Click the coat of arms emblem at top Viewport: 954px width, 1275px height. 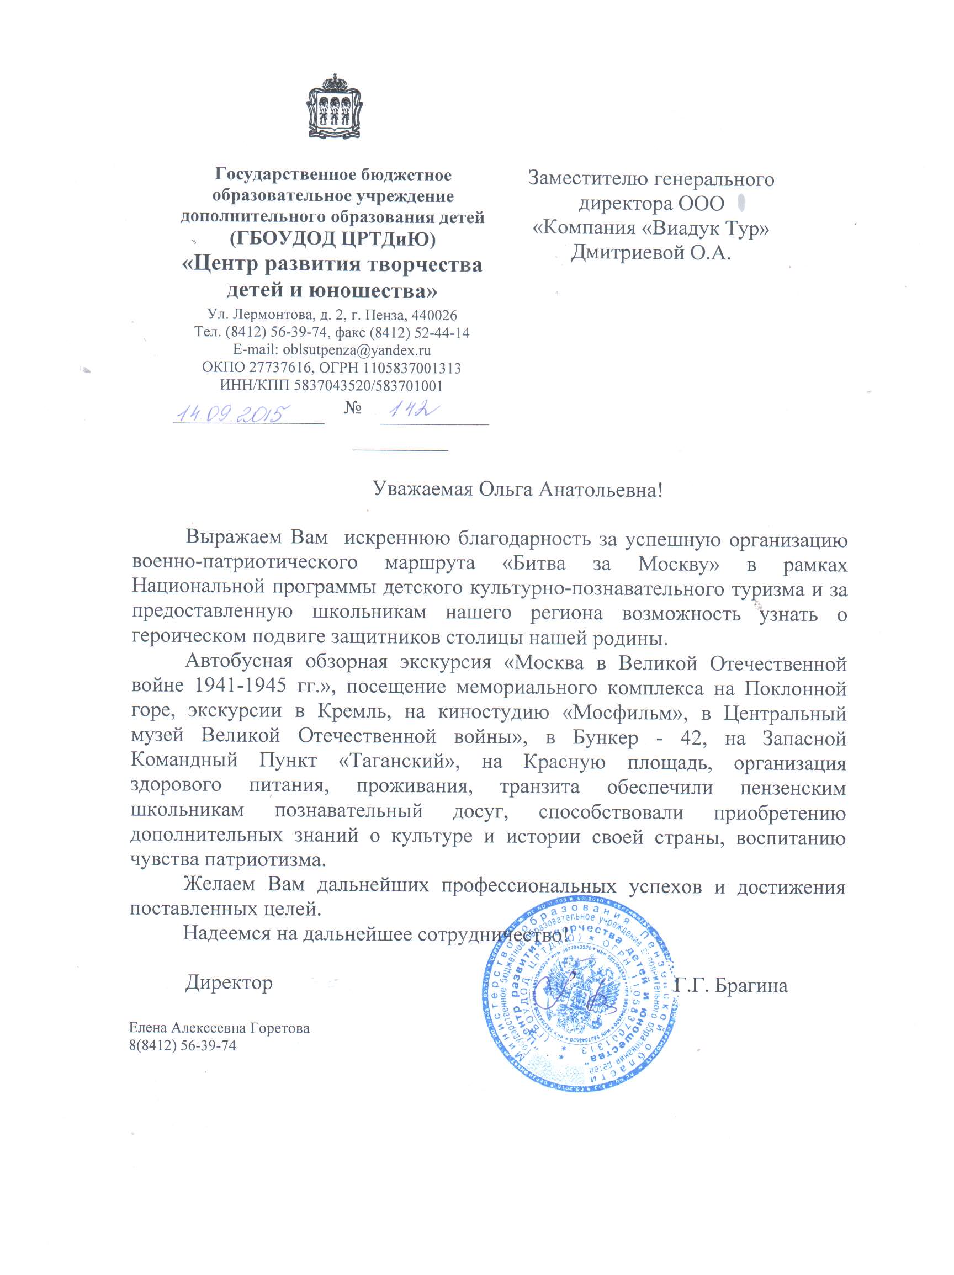335,107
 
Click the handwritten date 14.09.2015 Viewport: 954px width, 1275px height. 232,413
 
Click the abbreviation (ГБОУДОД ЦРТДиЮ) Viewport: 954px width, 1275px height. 332,238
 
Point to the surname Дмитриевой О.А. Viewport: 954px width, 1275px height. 650,252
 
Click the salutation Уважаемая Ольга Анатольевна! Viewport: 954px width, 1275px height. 517,490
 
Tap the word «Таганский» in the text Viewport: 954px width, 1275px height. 399,762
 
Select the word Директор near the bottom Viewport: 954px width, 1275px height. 229,982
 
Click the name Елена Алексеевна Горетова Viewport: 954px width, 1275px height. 219,1028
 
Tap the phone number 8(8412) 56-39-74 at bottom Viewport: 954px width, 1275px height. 183,1045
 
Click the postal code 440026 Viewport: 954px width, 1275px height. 435,315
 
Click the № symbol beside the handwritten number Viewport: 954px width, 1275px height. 353,408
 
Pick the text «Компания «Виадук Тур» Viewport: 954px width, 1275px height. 651,229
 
